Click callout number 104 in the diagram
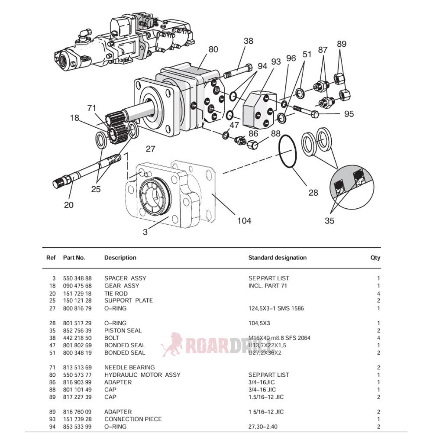[x=244, y=221]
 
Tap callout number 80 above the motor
[x=213, y=49]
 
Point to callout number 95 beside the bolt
[x=349, y=114]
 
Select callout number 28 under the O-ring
[x=313, y=192]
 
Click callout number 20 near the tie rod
[x=69, y=205]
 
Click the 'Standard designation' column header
[x=277, y=258]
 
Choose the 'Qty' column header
[x=375, y=258]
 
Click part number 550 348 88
[x=77, y=278]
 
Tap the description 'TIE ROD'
[x=116, y=294]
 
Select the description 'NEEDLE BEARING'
[x=129, y=367]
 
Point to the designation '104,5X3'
[x=260, y=323]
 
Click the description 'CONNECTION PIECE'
[x=133, y=419]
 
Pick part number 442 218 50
[x=77, y=338]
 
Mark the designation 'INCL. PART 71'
[x=268, y=286]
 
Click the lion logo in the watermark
[x=172, y=345]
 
